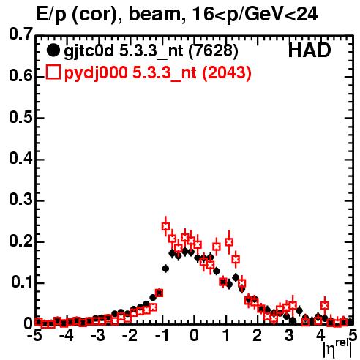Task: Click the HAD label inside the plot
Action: [x=310, y=50]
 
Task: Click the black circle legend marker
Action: [x=53, y=50]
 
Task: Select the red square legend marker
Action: [x=53, y=72]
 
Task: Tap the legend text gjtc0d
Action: [x=89, y=51]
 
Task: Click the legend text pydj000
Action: [x=96, y=73]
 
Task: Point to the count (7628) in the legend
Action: [x=213, y=51]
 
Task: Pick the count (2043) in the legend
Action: [x=227, y=72]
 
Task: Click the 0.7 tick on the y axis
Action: [x=20, y=34]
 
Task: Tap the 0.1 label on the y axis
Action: [x=22, y=282]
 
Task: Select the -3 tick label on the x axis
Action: [x=98, y=335]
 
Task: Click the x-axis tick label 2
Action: [x=258, y=335]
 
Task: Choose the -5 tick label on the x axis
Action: [x=34, y=335]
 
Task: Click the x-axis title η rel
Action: [x=337, y=348]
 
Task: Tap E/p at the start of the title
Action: [x=51, y=15]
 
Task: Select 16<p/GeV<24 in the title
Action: [x=255, y=15]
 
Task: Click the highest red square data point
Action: [x=165, y=226]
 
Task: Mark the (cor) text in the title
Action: [x=97, y=15]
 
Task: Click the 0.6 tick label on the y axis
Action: [x=20, y=75]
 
